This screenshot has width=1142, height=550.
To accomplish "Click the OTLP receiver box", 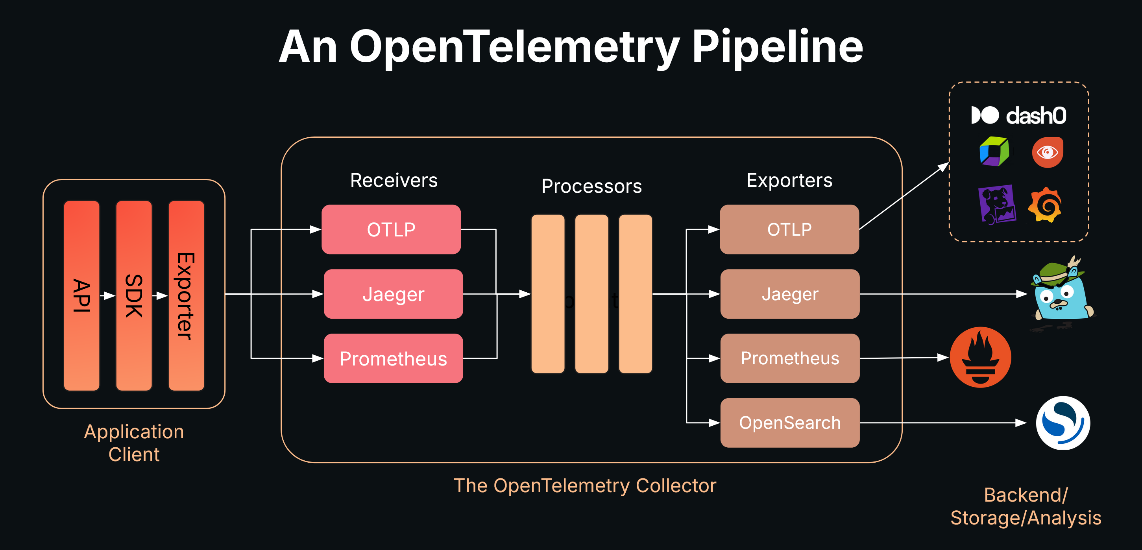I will click(x=391, y=229).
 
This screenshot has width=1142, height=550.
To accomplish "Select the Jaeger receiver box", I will click(x=393, y=294).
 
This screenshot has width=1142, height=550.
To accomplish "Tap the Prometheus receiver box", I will click(x=393, y=358).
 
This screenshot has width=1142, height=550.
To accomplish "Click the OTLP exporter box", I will click(x=789, y=229).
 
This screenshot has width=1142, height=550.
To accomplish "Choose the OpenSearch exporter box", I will click(x=789, y=423).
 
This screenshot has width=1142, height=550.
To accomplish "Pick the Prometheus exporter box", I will click(x=789, y=358).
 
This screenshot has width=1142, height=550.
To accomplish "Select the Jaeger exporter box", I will click(x=789, y=294).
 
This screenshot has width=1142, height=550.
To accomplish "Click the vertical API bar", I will click(x=81, y=295).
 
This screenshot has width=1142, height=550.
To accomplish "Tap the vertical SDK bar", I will click(x=134, y=295).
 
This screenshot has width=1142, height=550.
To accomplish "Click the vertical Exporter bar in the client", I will click(x=186, y=295).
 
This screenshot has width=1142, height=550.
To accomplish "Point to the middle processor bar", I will click(x=591, y=294).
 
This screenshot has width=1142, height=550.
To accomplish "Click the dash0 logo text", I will click(x=1036, y=116).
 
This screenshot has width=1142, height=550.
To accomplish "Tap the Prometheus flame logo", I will click(x=980, y=357).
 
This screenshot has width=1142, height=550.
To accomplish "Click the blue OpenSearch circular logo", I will click(x=1063, y=423).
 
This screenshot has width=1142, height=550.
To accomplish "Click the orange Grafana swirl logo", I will click(x=1045, y=205).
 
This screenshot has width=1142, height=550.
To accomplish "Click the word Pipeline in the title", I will click(x=777, y=46).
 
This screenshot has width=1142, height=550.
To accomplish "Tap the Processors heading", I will click(x=591, y=186).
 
